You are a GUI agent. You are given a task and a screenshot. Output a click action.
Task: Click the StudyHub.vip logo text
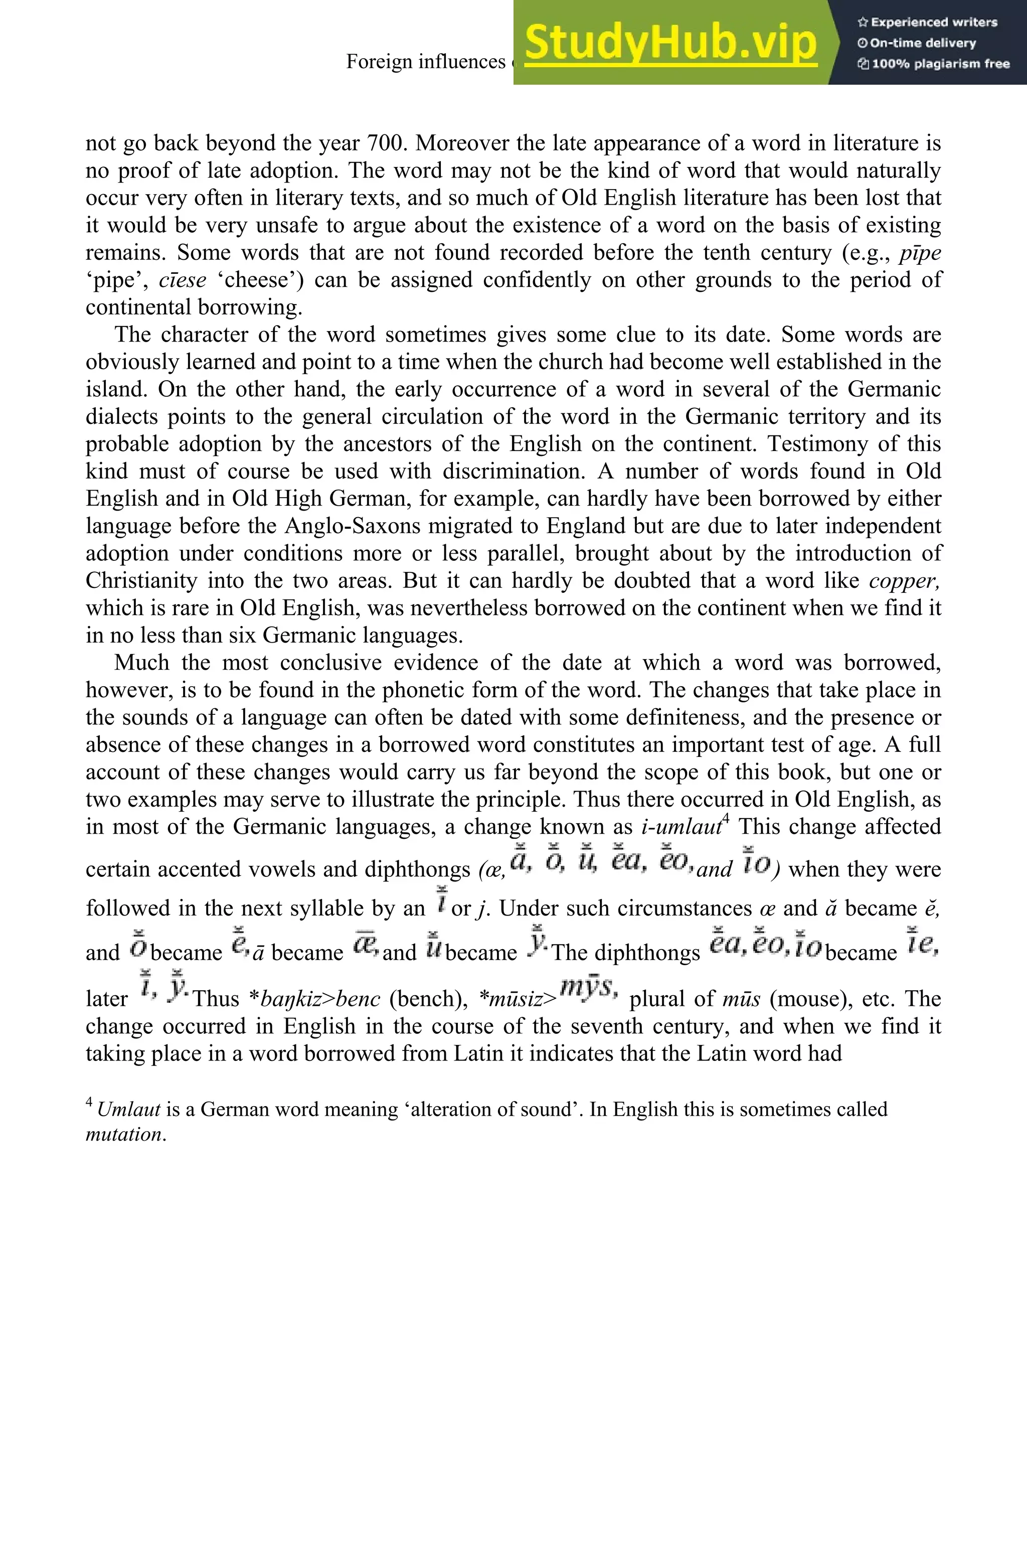coord(670,43)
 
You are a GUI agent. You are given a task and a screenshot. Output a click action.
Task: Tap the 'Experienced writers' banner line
coord(927,22)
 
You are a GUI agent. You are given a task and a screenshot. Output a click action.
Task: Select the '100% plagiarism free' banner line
coord(933,64)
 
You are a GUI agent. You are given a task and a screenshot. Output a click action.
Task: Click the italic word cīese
coord(182,280)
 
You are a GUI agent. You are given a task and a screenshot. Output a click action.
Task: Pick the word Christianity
coord(141,580)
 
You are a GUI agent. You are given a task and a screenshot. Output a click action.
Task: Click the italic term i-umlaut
coord(681,827)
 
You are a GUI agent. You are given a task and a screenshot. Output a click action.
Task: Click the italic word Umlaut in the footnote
coord(128,1109)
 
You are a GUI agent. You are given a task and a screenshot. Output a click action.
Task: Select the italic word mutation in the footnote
coord(124,1134)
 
